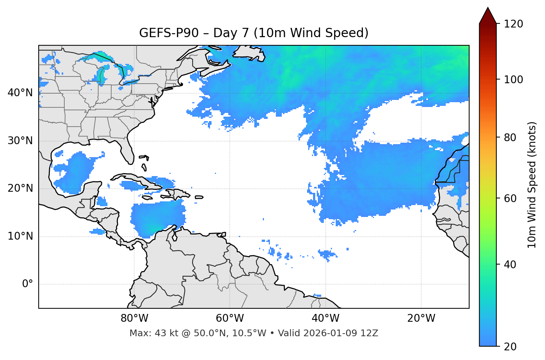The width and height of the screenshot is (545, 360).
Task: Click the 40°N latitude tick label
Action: (x=20, y=93)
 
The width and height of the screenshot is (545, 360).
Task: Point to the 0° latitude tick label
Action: (x=28, y=284)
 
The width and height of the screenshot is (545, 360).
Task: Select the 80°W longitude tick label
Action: (x=134, y=318)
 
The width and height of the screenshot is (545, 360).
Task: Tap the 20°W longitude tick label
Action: (x=421, y=318)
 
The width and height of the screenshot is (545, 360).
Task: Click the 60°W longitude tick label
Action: (x=229, y=318)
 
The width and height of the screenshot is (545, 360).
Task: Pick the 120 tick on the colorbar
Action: (x=513, y=24)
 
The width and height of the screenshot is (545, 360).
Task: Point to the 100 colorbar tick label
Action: (x=513, y=80)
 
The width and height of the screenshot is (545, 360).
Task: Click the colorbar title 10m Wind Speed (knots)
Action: (x=532, y=185)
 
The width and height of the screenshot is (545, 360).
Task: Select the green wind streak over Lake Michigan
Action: (x=102, y=74)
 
